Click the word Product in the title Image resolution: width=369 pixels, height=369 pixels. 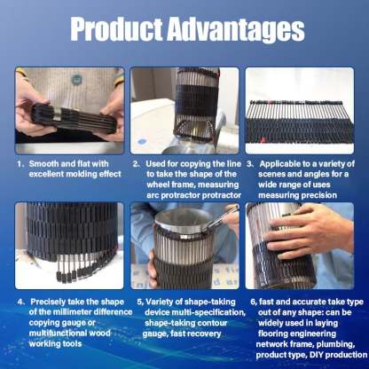(x=116, y=29)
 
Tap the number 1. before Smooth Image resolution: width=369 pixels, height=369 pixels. (x=20, y=164)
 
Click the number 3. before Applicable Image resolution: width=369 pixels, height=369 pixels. (x=250, y=164)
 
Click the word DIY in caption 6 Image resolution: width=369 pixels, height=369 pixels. (x=317, y=355)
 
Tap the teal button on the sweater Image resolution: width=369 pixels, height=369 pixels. (x=76, y=79)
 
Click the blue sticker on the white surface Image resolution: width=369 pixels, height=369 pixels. (x=142, y=141)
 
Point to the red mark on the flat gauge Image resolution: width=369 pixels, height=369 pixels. (x=262, y=139)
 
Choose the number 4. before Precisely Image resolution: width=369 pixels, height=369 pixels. (x=21, y=302)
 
